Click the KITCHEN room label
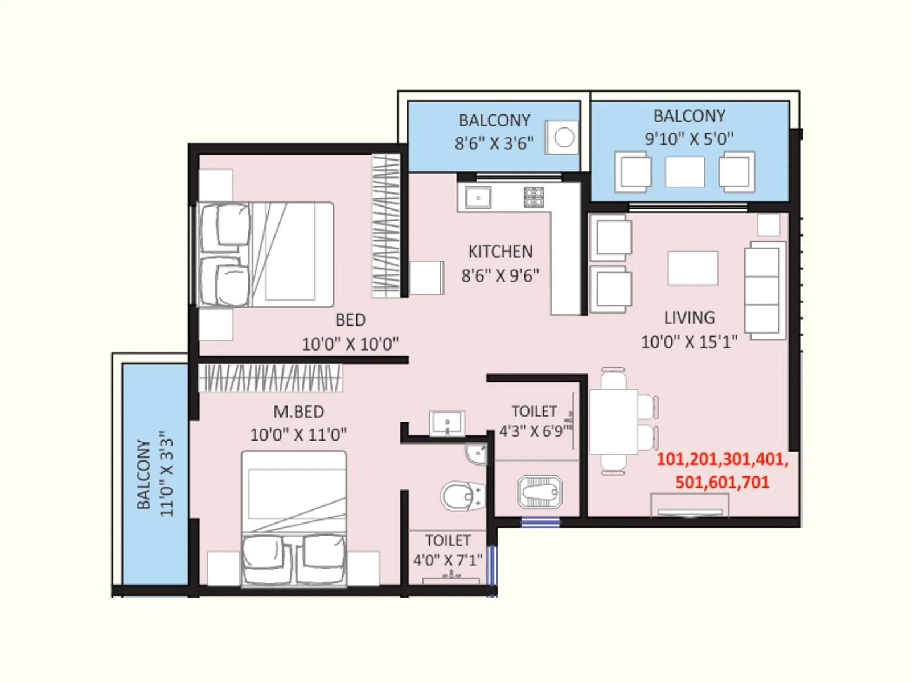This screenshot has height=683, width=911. click(x=500, y=252)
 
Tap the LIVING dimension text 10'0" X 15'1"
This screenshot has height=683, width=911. click(x=689, y=341)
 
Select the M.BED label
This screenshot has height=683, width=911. click(x=298, y=412)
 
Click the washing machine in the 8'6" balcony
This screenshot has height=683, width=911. click(x=563, y=137)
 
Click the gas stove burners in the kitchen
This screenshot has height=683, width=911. click(x=534, y=198)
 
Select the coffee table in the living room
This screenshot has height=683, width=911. click(x=692, y=268)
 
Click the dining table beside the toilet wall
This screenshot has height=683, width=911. click(x=613, y=421)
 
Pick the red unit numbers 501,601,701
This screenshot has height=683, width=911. click(x=722, y=483)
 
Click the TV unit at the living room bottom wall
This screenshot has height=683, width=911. click(x=690, y=505)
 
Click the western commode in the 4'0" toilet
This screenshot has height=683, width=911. click(x=460, y=497)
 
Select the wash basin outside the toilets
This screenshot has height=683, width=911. click(x=447, y=423)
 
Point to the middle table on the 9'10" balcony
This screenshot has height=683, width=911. click(x=684, y=171)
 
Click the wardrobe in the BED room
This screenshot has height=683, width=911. click(x=387, y=226)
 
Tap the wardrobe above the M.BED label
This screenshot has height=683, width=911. click(x=270, y=378)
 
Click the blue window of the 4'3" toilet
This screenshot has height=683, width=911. click(x=540, y=521)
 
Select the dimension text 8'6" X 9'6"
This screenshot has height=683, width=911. click(x=500, y=275)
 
